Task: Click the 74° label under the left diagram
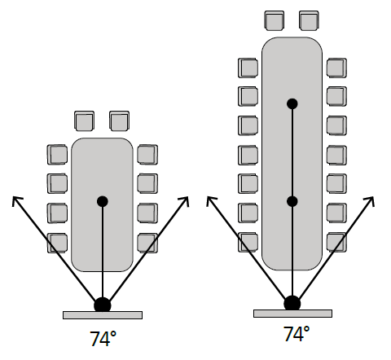click(x=103, y=339)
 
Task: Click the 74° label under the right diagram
click(x=297, y=334)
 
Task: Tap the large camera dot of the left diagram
click(x=103, y=305)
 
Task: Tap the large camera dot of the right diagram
click(x=292, y=304)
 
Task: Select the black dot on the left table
click(x=103, y=201)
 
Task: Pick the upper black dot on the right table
click(x=292, y=103)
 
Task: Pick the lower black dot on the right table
click(x=292, y=201)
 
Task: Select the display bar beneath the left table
click(x=103, y=315)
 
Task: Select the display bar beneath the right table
click(x=292, y=314)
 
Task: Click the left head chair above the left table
click(x=85, y=121)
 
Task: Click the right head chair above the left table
click(x=119, y=121)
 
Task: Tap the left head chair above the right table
click(x=275, y=20)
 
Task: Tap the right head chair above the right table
click(x=309, y=20)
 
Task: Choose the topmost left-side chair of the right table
click(x=248, y=68)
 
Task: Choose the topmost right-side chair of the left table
click(x=147, y=155)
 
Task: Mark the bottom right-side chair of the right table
click(x=336, y=242)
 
